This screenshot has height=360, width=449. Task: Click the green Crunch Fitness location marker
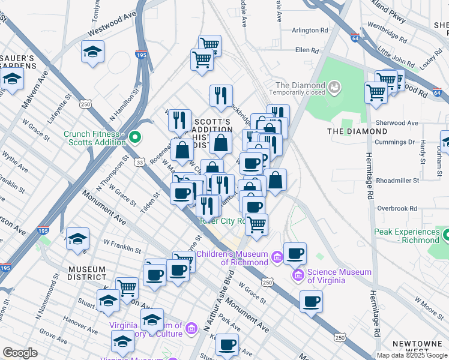[135, 137]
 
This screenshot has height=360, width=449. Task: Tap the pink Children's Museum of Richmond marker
[277, 258]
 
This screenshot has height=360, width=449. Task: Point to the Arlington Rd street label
[310, 30]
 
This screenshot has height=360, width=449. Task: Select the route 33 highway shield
[140, 162]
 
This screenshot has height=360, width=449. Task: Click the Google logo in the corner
[20, 352]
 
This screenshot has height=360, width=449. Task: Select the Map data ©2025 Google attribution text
[412, 355]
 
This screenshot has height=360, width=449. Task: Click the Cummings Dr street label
[395, 143]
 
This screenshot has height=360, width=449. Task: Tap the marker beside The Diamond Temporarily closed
[334, 89]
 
